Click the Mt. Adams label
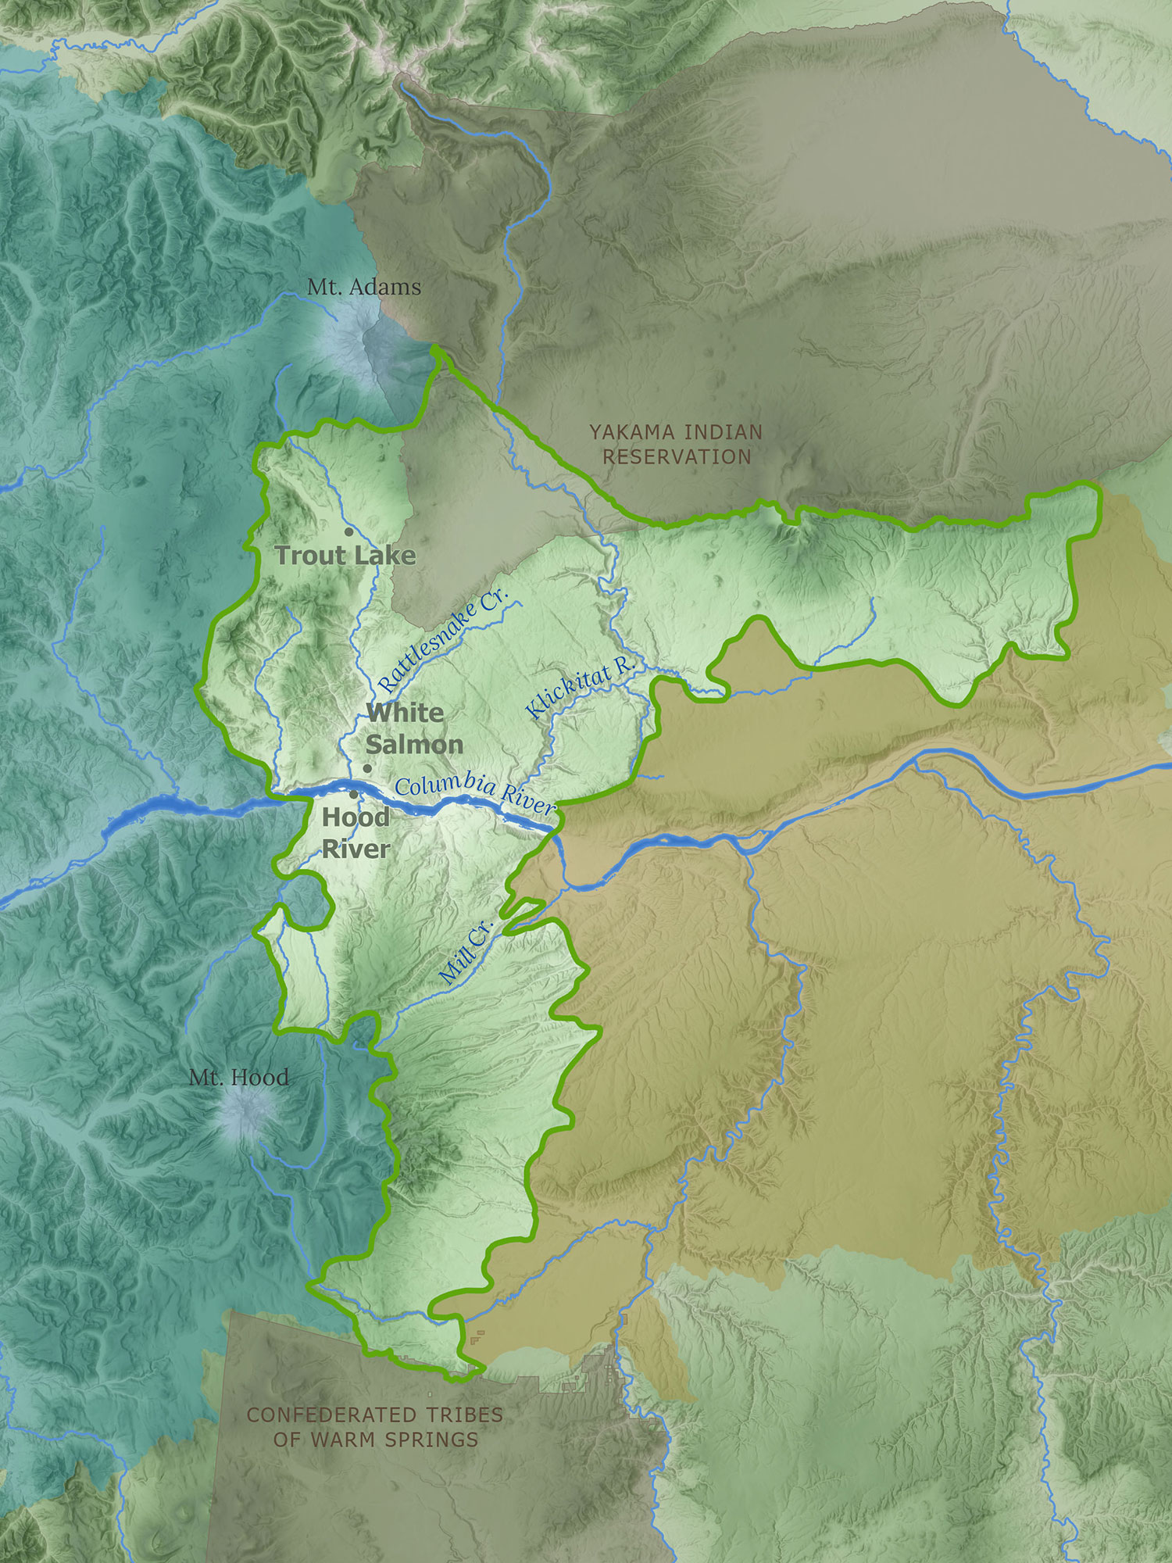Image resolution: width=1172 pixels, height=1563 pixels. (364, 287)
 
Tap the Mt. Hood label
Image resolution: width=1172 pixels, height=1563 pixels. (239, 1078)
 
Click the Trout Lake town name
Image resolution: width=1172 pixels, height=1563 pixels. (345, 556)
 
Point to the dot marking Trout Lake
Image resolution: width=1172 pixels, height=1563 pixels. (348, 531)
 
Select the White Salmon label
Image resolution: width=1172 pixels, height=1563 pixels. (413, 728)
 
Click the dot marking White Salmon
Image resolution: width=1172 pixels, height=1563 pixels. (367, 768)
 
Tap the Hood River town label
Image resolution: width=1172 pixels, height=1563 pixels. (356, 833)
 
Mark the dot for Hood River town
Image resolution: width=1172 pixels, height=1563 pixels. (354, 794)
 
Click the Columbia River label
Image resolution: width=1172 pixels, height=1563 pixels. (474, 794)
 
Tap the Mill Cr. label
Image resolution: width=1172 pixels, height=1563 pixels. (466, 951)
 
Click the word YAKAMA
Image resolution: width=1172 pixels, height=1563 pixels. (632, 432)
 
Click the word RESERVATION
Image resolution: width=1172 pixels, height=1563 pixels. (677, 457)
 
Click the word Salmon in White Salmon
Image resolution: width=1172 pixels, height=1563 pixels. (414, 744)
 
